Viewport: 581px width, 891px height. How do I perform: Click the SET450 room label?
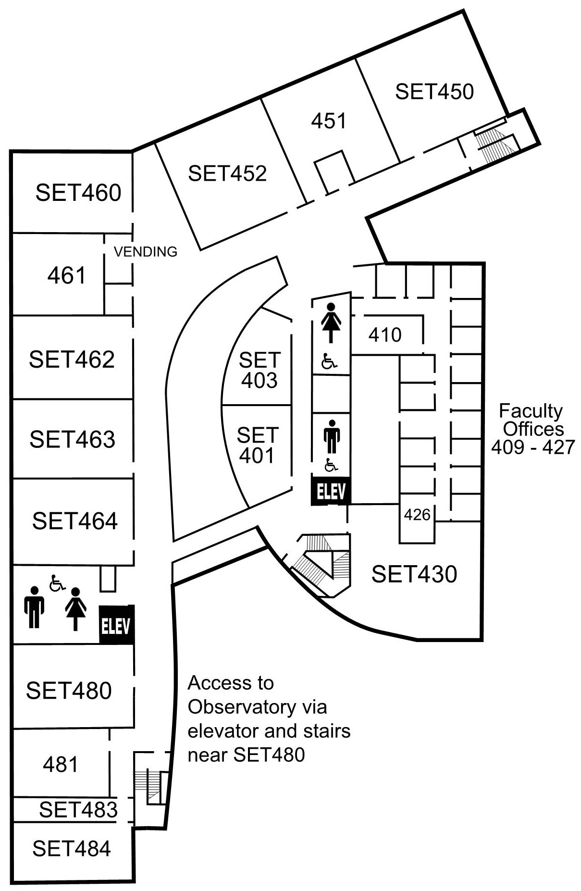coord(434,91)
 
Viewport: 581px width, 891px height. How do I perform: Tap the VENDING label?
coord(146,251)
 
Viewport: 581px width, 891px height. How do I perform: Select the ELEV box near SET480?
coord(116,625)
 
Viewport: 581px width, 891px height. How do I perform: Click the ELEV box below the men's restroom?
coord(331,491)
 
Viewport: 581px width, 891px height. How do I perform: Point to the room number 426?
coord(417,515)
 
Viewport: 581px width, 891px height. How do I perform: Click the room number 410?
coord(385,335)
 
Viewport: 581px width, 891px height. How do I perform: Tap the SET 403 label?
coord(260,370)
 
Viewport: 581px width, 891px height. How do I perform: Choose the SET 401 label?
coord(258,445)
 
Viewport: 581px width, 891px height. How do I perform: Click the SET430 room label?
coord(414,574)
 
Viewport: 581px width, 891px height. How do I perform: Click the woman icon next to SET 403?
coord(331,322)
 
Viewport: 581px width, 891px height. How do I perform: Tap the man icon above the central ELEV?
coord(332,436)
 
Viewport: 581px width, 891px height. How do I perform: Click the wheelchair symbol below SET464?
coord(57,583)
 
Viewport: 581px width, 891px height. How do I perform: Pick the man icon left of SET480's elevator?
coord(34,607)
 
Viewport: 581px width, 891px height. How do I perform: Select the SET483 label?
coord(78,810)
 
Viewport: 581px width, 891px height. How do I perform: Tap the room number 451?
coord(329,121)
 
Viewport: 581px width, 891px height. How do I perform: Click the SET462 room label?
coord(72,359)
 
